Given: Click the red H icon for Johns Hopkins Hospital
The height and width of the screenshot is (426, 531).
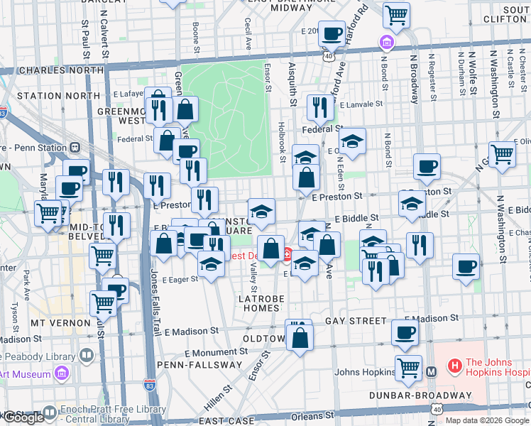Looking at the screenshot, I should pyautogui.click(x=454, y=367).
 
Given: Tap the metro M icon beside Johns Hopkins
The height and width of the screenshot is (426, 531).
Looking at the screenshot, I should pyautogui.click(x=431, y=371).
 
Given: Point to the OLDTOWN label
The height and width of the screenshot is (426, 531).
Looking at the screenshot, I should pyautogui.click(x=264, y=339).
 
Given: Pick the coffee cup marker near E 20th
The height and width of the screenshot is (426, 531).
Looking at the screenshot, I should pyautogui.click(x=332, y=33).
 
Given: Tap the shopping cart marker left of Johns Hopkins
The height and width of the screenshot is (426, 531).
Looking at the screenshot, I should pyautogui.click(x=408, y=367).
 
